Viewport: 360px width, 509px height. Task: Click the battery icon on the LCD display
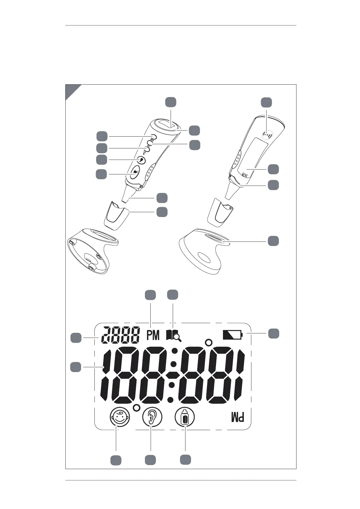click(x=232, y=335)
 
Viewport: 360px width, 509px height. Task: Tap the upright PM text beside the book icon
click(x=153, y=335)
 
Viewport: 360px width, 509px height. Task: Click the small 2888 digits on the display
click(x=120, y=335)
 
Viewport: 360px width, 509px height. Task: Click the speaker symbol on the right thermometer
click(x=267, y=134)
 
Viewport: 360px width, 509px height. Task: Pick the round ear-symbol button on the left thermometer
click(x=141, y=159)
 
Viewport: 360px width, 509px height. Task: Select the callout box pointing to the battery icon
click(x=273, y=333)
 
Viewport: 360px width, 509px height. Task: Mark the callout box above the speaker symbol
click(x=267, y=102)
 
